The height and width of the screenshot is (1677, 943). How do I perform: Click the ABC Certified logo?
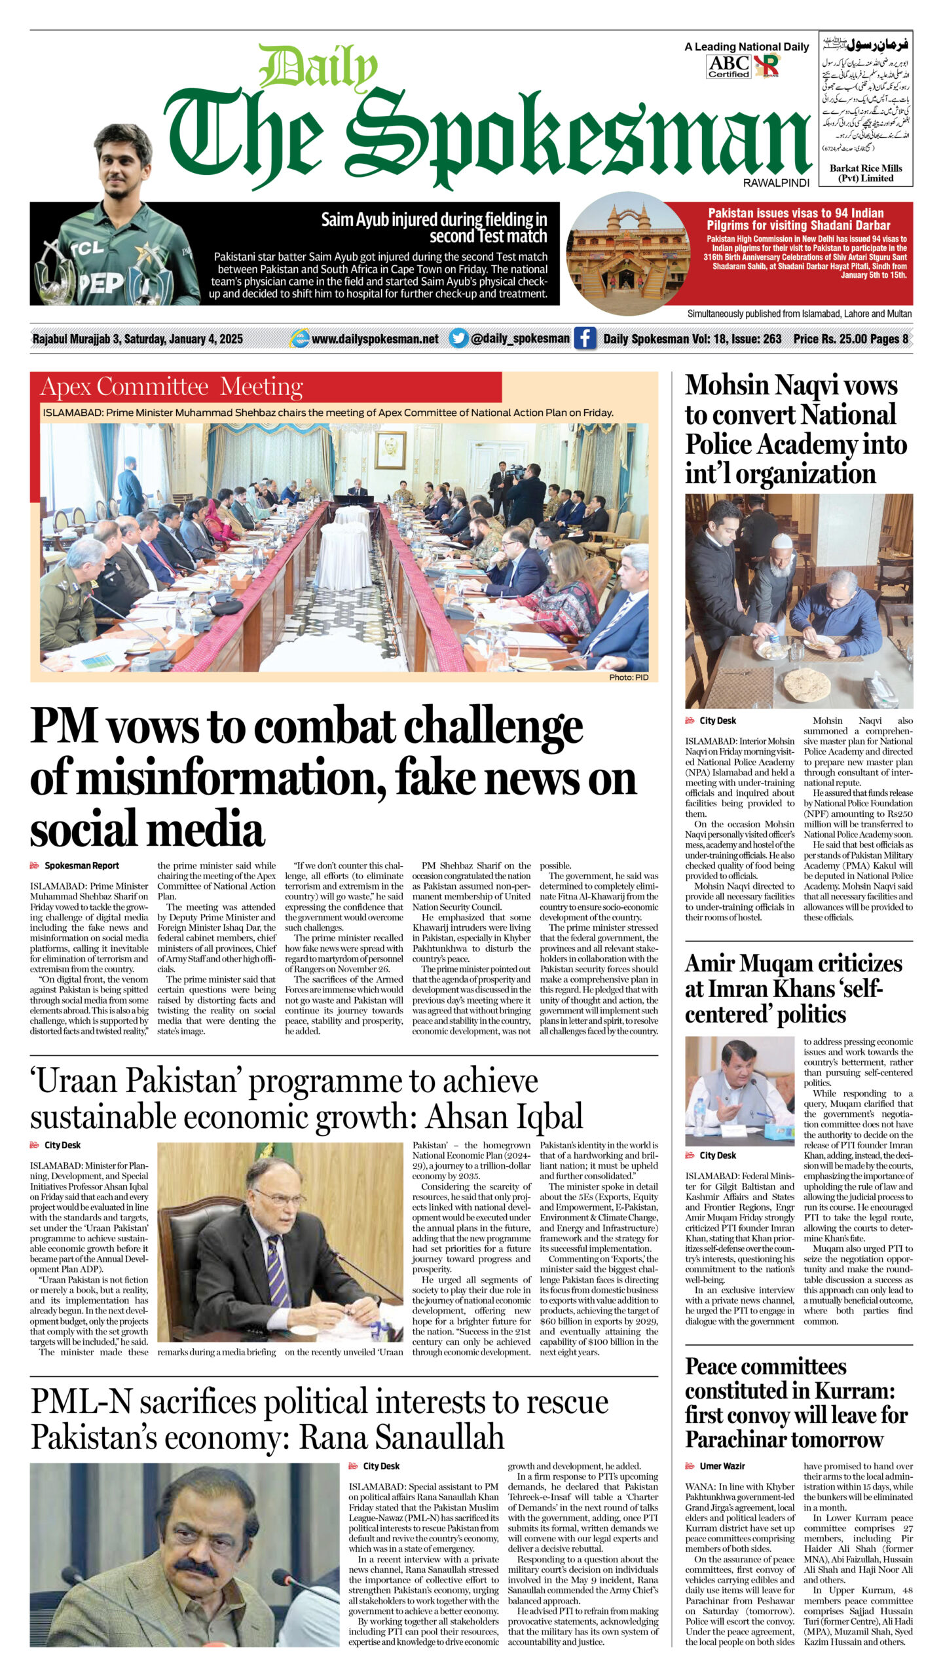(729, 66)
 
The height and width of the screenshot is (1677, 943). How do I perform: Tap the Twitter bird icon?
(459, 338)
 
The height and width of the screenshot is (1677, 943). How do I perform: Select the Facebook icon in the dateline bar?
(585, 339)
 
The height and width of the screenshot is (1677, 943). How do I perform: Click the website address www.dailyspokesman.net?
(375, 339)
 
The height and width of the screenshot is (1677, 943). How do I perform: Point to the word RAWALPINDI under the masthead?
(777, 183)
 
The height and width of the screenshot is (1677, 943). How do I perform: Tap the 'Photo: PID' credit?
(628, 677)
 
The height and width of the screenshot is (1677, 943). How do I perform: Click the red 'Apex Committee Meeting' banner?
(172, 387)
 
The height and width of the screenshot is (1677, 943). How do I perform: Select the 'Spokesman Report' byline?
(81, 865)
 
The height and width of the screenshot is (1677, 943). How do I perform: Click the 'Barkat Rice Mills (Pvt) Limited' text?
(866, 173)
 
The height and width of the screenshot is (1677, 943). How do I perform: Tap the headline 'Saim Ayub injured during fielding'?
(434, 227)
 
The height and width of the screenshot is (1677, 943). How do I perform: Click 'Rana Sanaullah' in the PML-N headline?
(401, 1437)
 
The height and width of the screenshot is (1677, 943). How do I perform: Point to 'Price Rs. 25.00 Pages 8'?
(850, 339)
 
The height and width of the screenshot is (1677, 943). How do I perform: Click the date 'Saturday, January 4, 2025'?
(183, 339)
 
